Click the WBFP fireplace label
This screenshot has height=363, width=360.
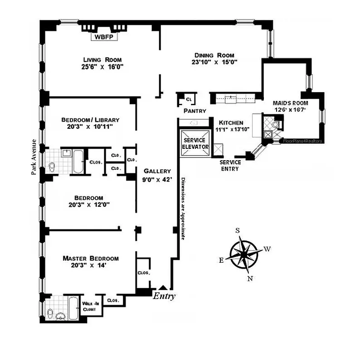[x=104, y=38]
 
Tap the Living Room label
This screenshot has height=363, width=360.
[x=103, y=59]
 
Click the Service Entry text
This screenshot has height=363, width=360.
[x=229, y=165]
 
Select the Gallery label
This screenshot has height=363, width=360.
[x=157, y=171]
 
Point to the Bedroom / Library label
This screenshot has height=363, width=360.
[x=90, y=120]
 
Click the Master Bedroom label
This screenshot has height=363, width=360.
[x=91, y=258]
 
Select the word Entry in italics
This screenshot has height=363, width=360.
[x=164, y=296]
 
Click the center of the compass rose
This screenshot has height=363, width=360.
[x=243, y=253]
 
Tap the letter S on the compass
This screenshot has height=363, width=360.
[x=237, y=230]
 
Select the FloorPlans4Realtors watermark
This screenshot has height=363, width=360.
[x=303, y=141]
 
